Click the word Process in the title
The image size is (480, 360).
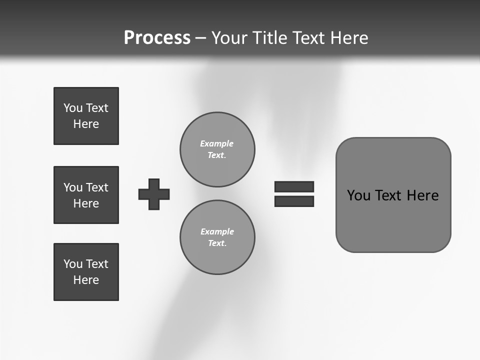point(157,37)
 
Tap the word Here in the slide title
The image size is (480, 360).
point(349,37)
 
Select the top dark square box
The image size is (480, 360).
point(86,116)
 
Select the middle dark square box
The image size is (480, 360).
point(86,195)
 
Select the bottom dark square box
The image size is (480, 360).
point(86,272)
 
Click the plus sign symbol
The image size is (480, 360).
point(154,194)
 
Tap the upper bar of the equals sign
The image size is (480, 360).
point(294,186)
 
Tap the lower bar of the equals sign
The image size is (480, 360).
point(294,201)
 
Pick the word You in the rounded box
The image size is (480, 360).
point(358,195)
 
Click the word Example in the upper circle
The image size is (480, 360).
point(217,143)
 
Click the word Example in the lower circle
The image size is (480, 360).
point(217,231)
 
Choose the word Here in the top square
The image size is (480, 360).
point(86,124)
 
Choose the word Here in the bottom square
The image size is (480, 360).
point(86,280)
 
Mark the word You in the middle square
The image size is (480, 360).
point(72,187)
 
